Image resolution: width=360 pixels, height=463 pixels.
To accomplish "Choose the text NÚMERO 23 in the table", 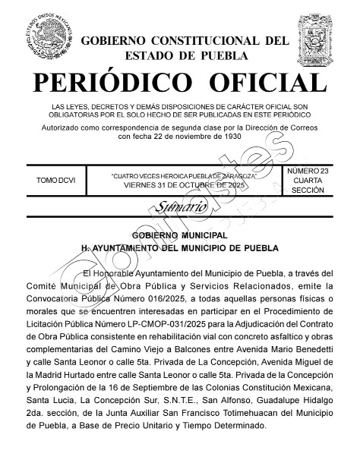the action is point(308,172).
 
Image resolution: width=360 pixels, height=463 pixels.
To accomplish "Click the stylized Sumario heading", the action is point(180,206).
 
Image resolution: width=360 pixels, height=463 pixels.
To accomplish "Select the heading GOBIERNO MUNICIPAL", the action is point(180,235).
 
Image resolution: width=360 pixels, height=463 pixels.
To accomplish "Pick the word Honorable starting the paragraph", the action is point(122,272).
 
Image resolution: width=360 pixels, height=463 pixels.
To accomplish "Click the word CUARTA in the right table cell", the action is point(308,181).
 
